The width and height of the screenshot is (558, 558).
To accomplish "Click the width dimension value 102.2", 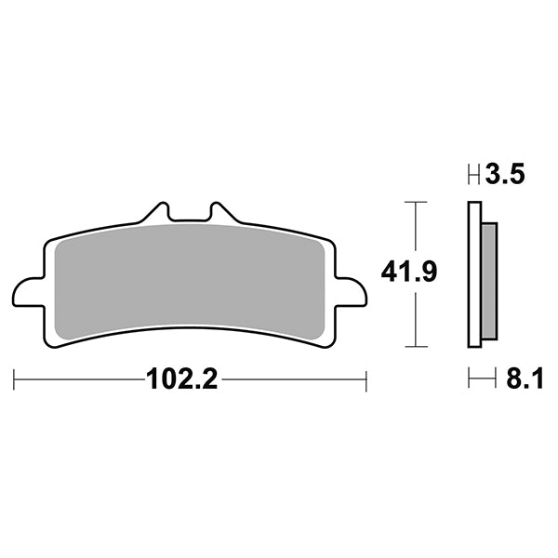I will [181, 380].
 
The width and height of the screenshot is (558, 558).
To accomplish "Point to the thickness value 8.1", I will [520, 379].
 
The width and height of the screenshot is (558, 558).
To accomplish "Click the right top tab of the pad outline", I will [220, 210].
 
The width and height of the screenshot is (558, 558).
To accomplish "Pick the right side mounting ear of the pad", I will [352, 292].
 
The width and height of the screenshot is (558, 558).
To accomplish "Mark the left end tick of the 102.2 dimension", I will [15, 380].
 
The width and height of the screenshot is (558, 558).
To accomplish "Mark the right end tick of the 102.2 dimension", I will [366, 380].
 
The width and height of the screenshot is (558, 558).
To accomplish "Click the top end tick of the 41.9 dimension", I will [415, 201].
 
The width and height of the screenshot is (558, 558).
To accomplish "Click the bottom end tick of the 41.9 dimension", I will [415, 346].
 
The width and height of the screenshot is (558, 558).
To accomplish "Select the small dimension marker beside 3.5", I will [473, 174].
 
